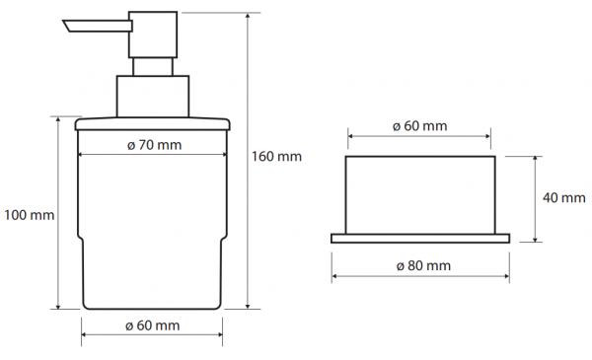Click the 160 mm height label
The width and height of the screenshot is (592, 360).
[x=276, y=156]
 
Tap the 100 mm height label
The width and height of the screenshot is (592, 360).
[x=29, y=215]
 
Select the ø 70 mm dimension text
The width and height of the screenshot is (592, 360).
[x=155, y=145]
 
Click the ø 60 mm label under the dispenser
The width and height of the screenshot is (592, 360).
[x=153, y=325]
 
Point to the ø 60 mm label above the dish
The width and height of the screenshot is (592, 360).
[x=420, y=125]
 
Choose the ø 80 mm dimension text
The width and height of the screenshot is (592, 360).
[x=423, y=265]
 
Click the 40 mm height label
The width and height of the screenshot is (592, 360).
[x=564, y=197]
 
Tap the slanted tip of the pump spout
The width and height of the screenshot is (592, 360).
[x=66, y=26]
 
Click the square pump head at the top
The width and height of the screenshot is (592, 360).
[x=153, y=35]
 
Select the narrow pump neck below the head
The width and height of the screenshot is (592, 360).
[x=153, y=67]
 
